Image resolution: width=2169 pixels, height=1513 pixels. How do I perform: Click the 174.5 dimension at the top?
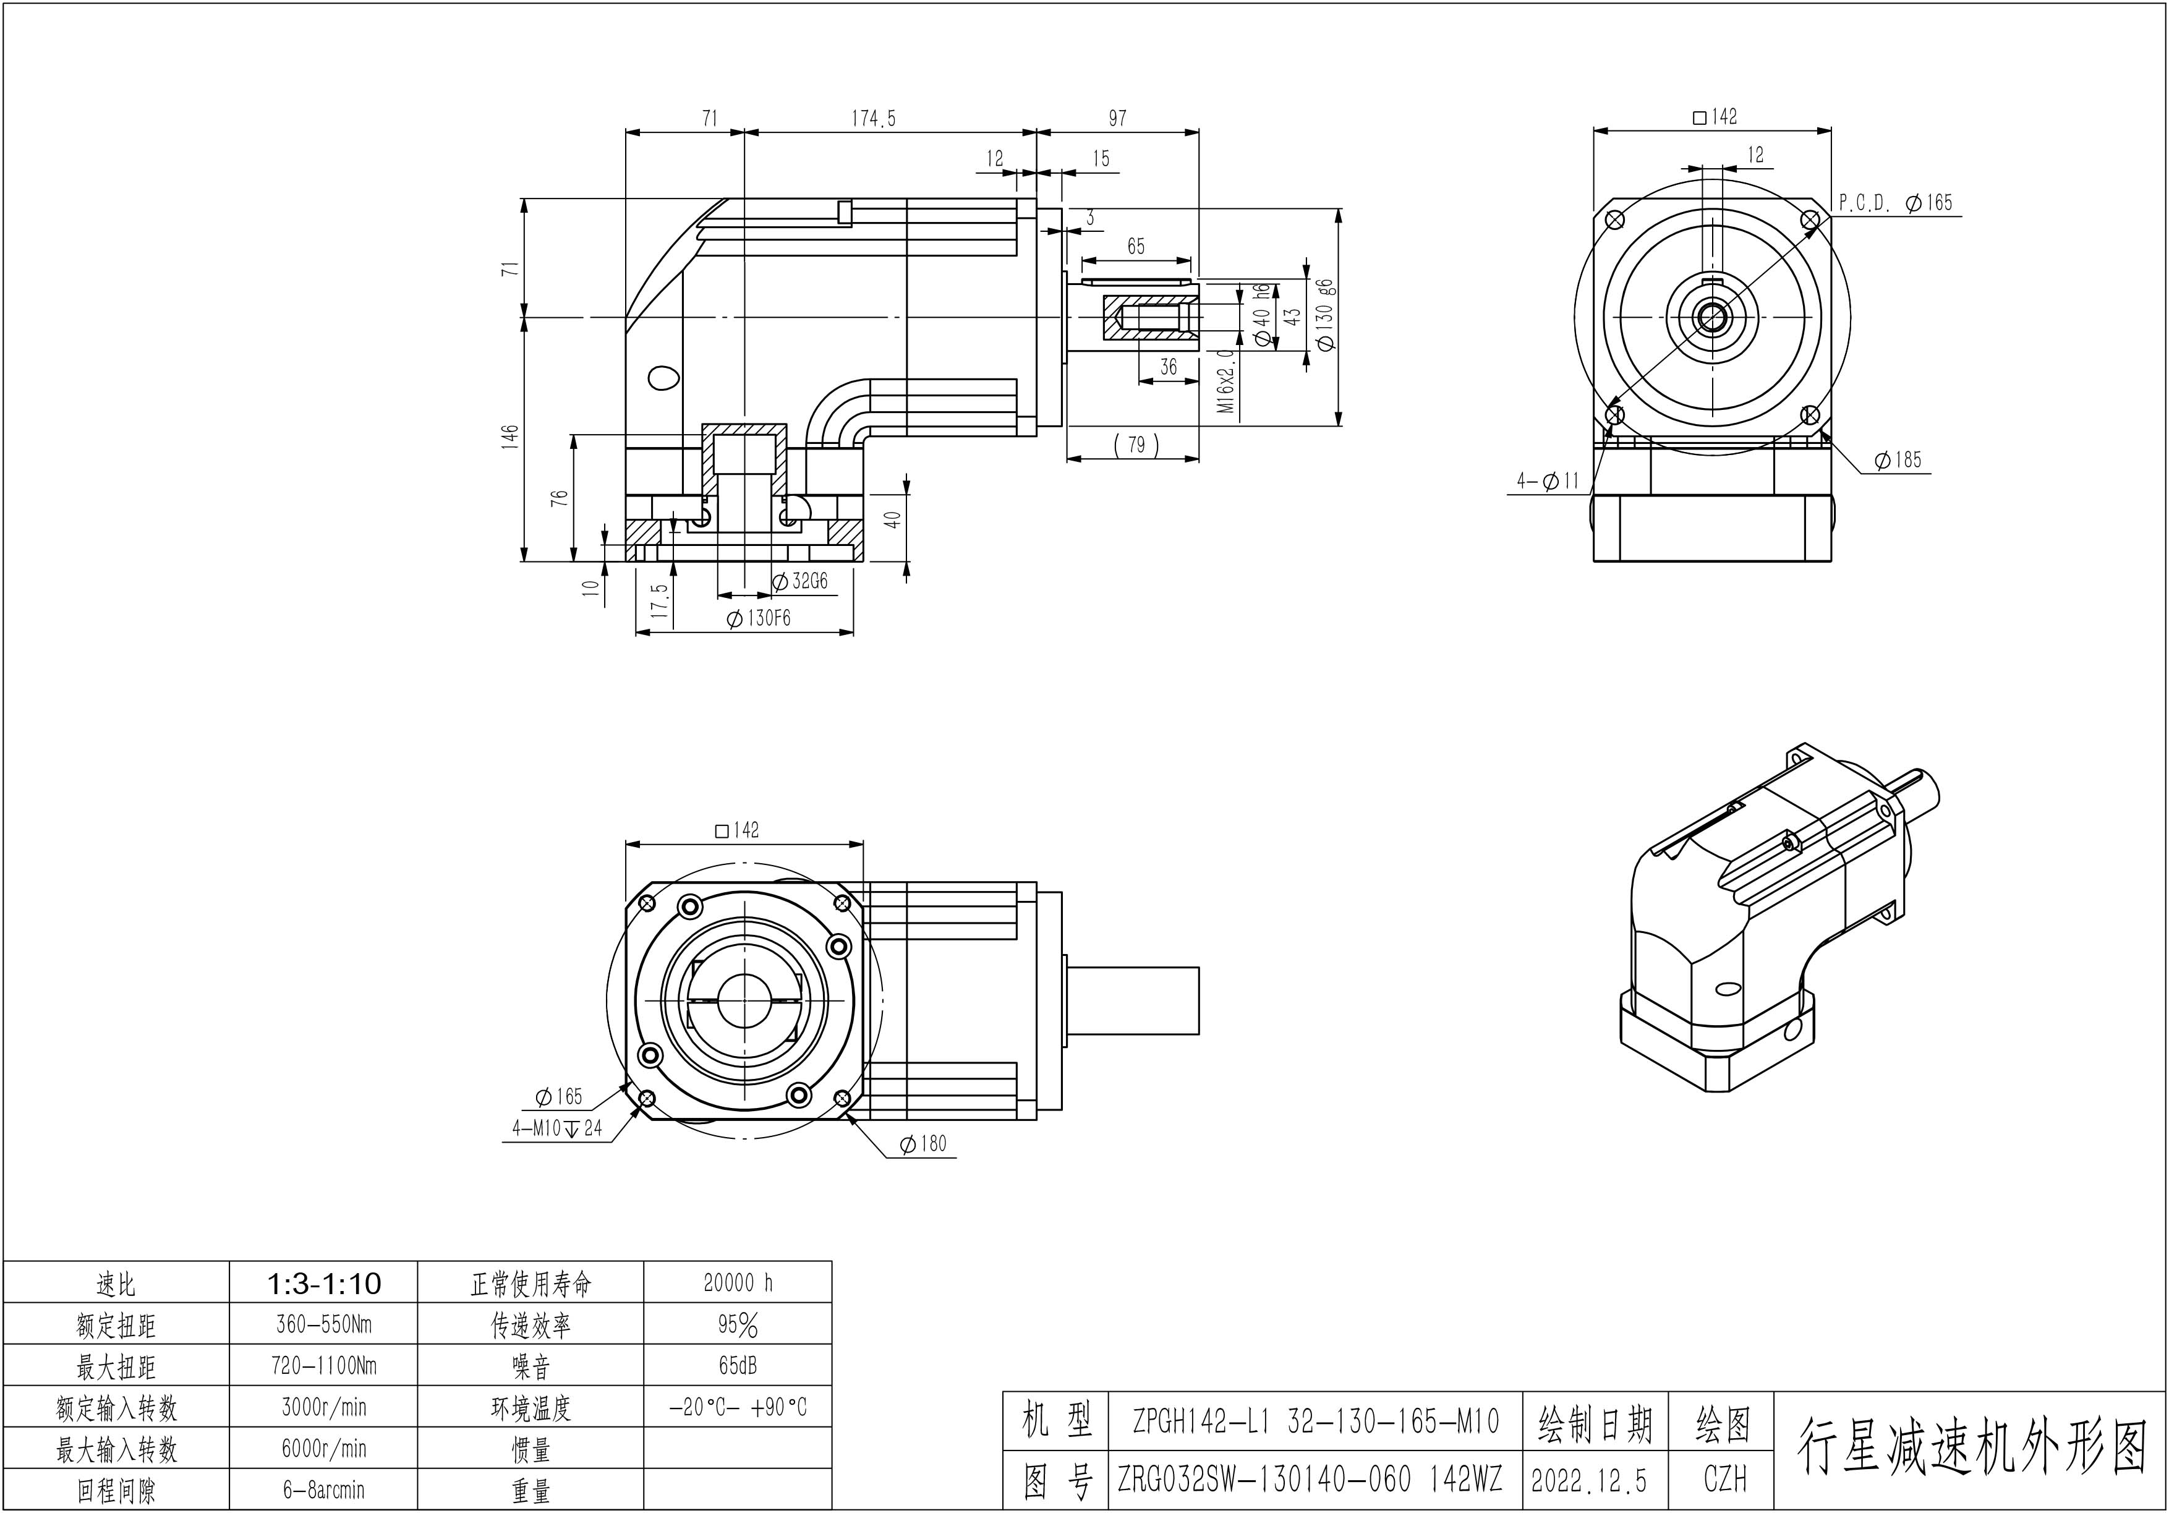click(873, 119)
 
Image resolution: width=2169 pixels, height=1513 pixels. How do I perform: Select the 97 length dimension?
click(1117, 119)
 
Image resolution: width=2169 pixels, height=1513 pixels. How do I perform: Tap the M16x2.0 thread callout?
click(1225, 381)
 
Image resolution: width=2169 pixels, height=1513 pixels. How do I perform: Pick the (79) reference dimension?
click(1136, 444)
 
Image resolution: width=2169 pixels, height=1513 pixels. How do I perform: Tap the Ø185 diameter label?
click(1898, 460)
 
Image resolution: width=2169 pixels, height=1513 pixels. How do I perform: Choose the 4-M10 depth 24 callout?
click(556, 1128)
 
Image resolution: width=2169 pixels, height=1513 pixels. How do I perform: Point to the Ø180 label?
click(923, 1144)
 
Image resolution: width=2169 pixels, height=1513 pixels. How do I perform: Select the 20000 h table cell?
click(738, 1282)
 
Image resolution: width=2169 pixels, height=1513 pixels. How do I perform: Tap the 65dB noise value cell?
click(738, 1366)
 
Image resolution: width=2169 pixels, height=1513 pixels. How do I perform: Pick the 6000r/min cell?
click(323, 1449)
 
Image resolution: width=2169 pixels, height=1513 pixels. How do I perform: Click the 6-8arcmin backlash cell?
click(323, 1490)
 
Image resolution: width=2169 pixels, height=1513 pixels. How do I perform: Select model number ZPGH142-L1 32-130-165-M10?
click(1316, 1421)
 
